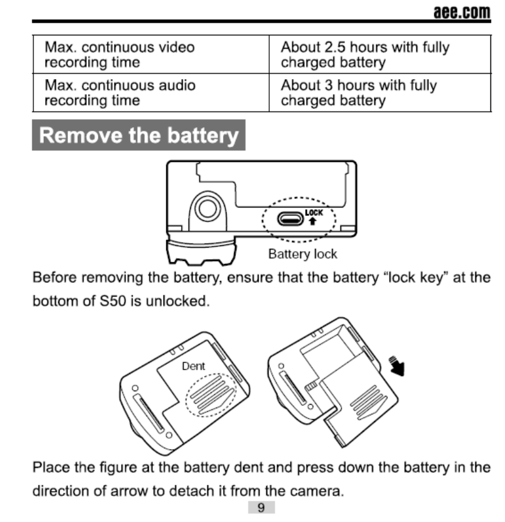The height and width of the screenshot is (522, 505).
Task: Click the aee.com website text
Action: click(461, 12)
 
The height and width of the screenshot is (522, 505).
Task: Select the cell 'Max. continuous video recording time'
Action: click(150, 55)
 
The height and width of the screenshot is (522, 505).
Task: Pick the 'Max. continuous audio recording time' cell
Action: click(150, 92)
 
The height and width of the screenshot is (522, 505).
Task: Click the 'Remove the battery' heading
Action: click(139, 135)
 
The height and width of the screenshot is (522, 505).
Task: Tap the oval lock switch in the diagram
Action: click(290, 218)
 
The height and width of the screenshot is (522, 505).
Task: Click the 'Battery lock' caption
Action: click(302, 254)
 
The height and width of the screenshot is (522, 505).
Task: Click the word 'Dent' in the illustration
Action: click(194, 366)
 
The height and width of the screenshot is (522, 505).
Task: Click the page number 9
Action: click(261, 507)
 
